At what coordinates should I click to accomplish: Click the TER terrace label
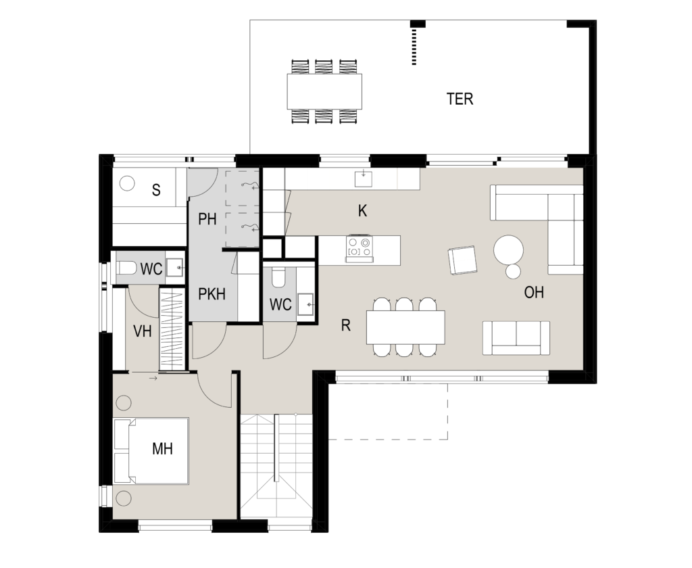tap(460, 99)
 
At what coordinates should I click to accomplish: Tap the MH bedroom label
tap(162, 449)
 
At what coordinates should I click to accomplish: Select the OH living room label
tap(534, 292)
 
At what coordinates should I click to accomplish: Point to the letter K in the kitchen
tap(362, 211)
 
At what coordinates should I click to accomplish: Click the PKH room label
tap(212, 294)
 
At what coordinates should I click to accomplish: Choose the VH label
tap(142, 331)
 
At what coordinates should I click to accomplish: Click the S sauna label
tap(156, 191)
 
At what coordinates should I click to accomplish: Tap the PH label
tap(207, 219)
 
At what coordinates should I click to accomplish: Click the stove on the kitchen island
tap(359, 249)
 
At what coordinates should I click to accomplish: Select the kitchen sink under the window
tap(363, 179)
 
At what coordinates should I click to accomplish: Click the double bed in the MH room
tap(151, 451)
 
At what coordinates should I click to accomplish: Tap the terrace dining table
tap(324, 91)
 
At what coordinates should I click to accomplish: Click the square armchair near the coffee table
tap(462, 260)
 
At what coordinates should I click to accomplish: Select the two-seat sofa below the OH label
tap(516, 338)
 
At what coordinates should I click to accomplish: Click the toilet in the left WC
tap(127, 268)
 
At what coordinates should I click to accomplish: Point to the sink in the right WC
tap(305, 304)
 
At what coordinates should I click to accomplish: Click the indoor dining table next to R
tap(405, 327)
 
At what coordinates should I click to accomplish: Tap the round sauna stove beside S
tap(127, 183)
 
